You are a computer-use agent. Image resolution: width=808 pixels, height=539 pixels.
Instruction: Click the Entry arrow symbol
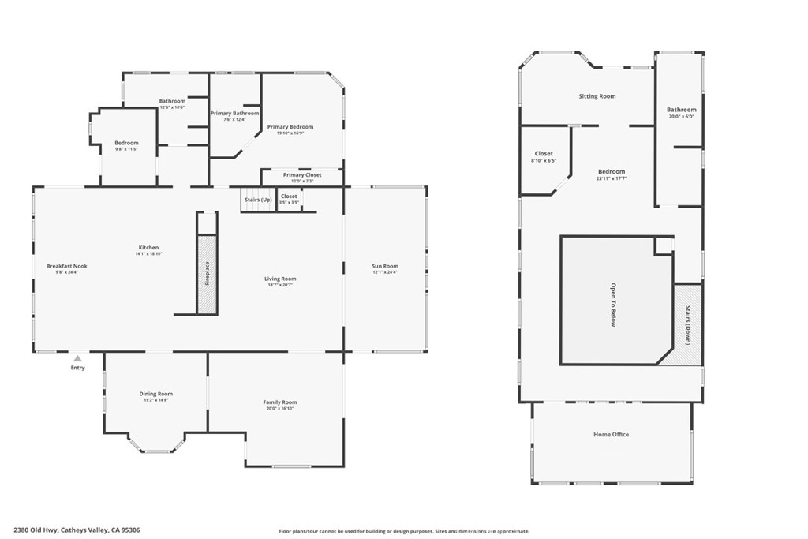77,358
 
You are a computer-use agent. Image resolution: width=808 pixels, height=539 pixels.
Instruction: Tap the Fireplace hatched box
207,274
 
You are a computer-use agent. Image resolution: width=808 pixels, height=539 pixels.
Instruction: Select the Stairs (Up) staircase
256,200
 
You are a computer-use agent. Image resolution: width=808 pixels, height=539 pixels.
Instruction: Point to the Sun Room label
385,266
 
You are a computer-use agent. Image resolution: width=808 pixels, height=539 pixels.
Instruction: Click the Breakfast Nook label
67,266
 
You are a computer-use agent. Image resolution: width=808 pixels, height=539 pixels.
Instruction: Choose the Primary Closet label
302,174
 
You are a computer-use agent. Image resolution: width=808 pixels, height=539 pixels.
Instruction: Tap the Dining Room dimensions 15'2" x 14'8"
156,400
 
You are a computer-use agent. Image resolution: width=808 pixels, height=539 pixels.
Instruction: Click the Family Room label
280,402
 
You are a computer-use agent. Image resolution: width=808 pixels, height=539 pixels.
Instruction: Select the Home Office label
612,434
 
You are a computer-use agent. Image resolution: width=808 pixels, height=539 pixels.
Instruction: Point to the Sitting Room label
597,96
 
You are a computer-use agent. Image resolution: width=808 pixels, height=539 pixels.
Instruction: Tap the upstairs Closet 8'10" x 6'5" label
544,154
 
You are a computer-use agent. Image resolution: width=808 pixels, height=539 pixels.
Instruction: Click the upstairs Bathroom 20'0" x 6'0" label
682,110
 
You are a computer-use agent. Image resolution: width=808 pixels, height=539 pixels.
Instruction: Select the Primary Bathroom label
234,113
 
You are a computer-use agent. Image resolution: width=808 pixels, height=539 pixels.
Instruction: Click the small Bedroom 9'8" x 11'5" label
126,143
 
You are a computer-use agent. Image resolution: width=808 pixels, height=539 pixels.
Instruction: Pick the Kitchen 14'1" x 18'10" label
148,248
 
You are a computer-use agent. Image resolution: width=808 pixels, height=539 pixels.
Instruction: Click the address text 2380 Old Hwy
40,531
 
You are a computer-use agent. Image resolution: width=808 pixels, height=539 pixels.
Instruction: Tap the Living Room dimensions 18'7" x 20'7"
280,285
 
